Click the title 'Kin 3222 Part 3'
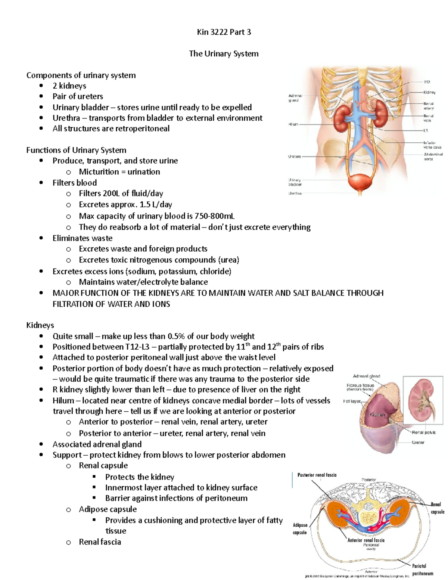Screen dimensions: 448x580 [x=224, y=32]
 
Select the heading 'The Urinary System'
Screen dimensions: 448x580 [x=224, y=54]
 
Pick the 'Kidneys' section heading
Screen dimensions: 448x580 [x=40, y=325]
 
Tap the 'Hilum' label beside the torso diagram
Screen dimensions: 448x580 [x=293, y=124]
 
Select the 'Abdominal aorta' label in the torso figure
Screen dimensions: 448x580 [x=433, y=156]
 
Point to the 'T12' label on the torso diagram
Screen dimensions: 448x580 [x=427, y=82]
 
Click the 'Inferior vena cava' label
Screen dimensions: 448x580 [x=432, y=145]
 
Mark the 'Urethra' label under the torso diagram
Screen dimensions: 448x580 [x=295, y=193]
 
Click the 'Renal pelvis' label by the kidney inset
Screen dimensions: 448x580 [x=423, y=432]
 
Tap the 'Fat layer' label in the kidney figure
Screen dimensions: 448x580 [x=351, y=401]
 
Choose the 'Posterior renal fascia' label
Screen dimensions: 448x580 [x=317, y=475]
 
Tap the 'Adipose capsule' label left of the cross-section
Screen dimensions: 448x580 [x=300, y=529]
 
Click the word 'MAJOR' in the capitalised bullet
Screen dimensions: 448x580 [x=65, y=293]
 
